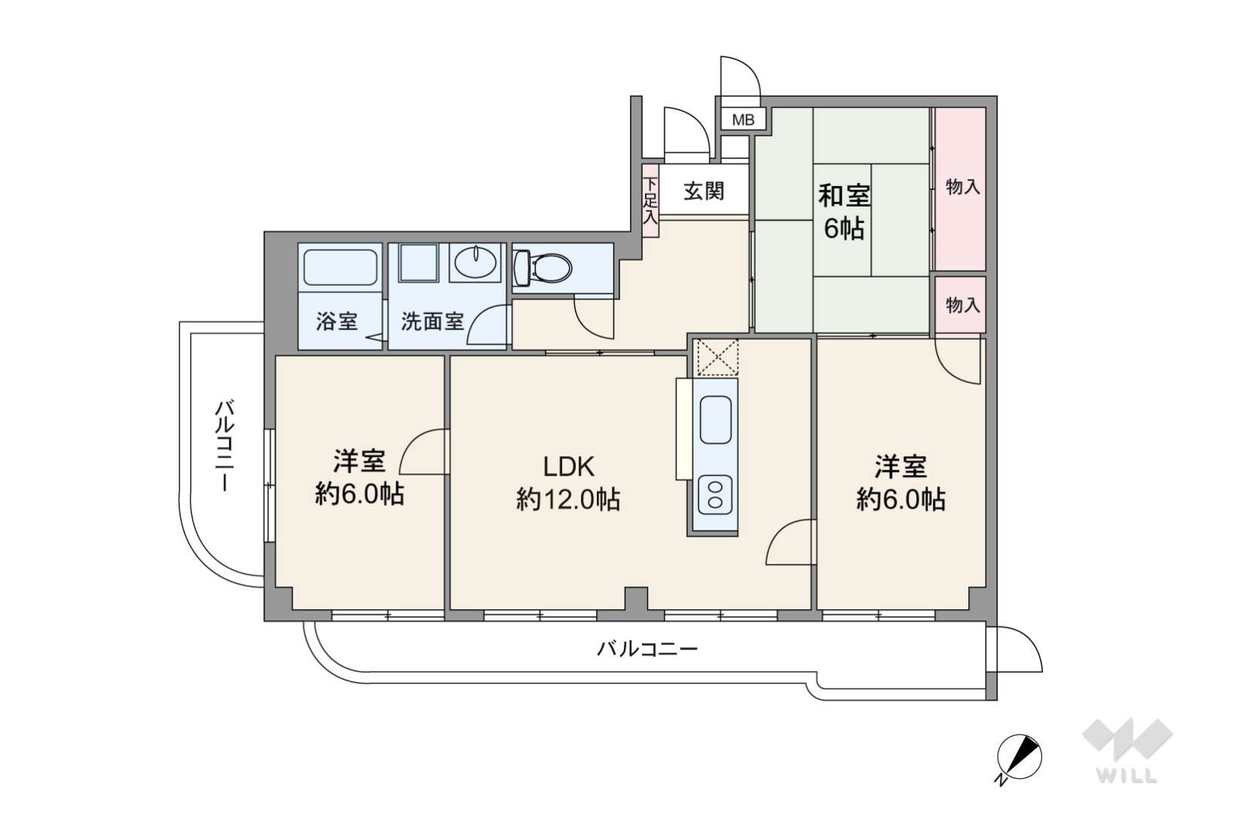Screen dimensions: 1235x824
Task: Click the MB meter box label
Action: (x=743, y=119)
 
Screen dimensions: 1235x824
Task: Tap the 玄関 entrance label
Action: (x=704, y=191)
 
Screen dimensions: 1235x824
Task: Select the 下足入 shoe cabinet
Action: (x=650, y=201)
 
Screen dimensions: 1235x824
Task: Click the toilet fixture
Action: (x=543, y=268)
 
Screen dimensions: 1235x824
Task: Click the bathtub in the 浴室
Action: (x=340, y=268)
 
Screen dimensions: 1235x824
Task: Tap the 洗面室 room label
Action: (x=433, y=321)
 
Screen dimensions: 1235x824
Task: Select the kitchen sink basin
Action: (x=715, y=420)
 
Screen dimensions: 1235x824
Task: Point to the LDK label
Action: (x=568, y=467)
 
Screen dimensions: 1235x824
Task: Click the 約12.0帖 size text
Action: (x=568, y=500)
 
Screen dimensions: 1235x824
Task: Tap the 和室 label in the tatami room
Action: (x=843, y=196)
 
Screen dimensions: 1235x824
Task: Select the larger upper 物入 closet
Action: (x=960, y=188)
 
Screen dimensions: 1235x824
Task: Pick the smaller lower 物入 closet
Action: (x=960, y=305)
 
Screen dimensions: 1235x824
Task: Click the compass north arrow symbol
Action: (x=1019, y=758)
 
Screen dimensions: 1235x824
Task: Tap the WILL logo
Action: (x=1127, y=751)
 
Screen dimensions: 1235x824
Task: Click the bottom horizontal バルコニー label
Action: (x=647, y=648)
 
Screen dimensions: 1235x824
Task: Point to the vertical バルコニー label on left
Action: (x=225, y=446)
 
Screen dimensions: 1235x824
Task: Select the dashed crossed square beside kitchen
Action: (x=715, y=358)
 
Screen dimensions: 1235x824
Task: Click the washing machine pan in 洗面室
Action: (x=418, y=263)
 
